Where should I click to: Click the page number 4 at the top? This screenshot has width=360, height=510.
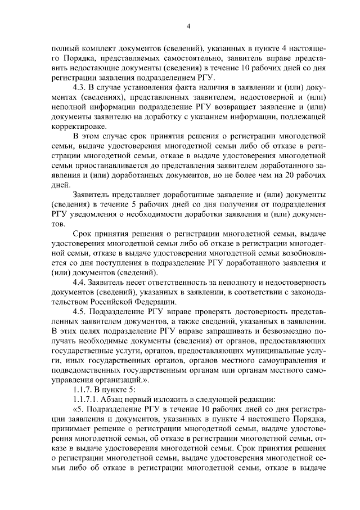[189, 26]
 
